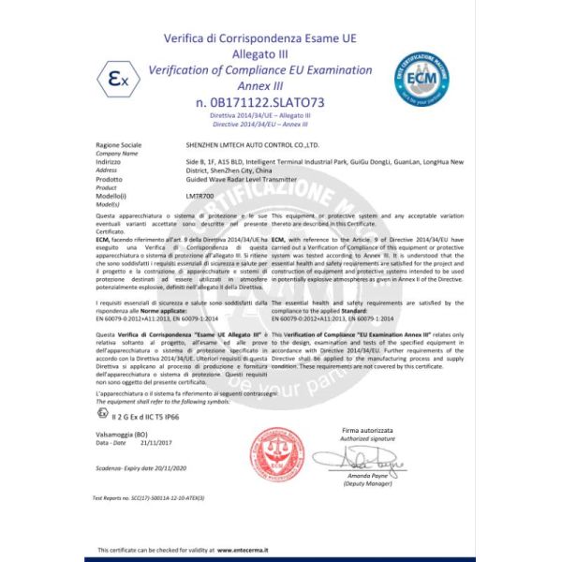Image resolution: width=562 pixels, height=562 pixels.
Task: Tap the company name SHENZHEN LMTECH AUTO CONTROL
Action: tap(253, 146)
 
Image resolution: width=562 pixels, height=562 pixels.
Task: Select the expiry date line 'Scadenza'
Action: tap(137, 466)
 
